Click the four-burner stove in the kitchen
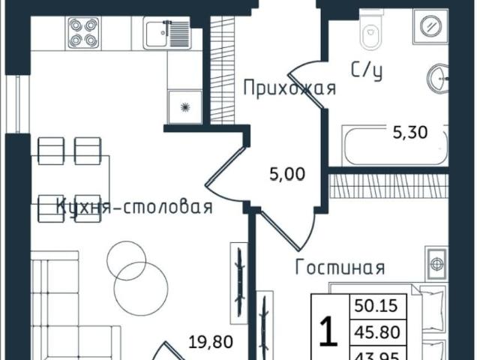point(82,32)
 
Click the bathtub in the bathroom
point(394,145)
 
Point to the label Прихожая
point(288,89)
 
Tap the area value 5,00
point(287,175)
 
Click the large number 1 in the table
point(328,331)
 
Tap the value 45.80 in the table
point(378,331)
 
